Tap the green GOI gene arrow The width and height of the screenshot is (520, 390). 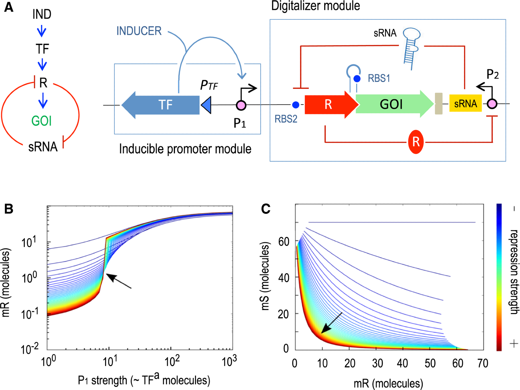[x=391, y=104]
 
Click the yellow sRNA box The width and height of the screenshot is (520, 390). [x=465, y=103]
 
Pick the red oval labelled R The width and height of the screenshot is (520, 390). [x=415, y=142]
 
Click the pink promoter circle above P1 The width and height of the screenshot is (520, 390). [x=241, y=105]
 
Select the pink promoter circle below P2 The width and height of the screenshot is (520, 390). [x=492, y=104]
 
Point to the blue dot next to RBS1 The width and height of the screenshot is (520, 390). [x=357, y=79]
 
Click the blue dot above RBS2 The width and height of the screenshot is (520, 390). [x=295, y=105]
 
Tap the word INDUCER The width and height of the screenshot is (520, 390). [x=139, y=31]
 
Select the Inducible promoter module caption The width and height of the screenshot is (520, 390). [x=185, y=149]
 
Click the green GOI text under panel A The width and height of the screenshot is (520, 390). [x=42, y=121]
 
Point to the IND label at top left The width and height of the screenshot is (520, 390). [x=42, y=14]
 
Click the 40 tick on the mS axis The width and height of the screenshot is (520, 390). [x=283, y=278]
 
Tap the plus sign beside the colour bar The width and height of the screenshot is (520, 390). [x=514, y=344]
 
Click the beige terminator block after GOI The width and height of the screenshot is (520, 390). [x=439, y=103]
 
